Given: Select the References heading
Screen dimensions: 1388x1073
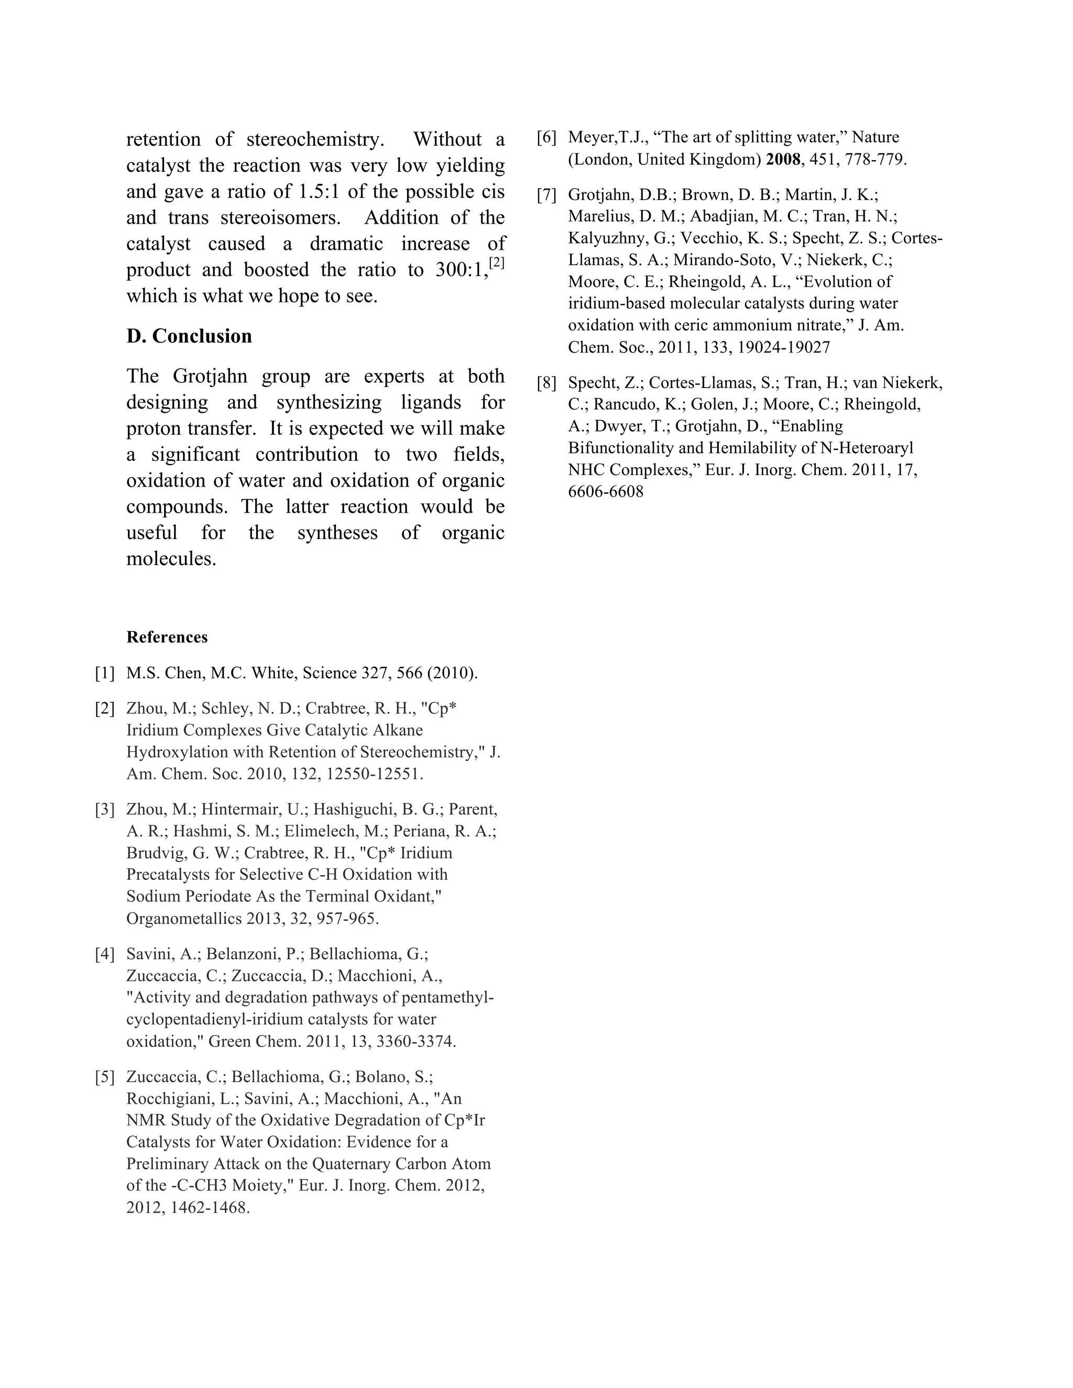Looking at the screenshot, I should click(x=167, y=637).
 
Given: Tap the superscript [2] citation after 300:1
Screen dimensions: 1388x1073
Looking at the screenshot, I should click(x=497, y=262).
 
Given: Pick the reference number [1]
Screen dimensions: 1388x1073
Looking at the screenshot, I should click(x=105, y=673).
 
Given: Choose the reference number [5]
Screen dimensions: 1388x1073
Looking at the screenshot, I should click(x=105, y=1077).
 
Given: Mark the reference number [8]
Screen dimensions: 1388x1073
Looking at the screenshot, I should click(x=546, y=383).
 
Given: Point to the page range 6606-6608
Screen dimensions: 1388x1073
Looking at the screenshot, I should click(x=606, y=491).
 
